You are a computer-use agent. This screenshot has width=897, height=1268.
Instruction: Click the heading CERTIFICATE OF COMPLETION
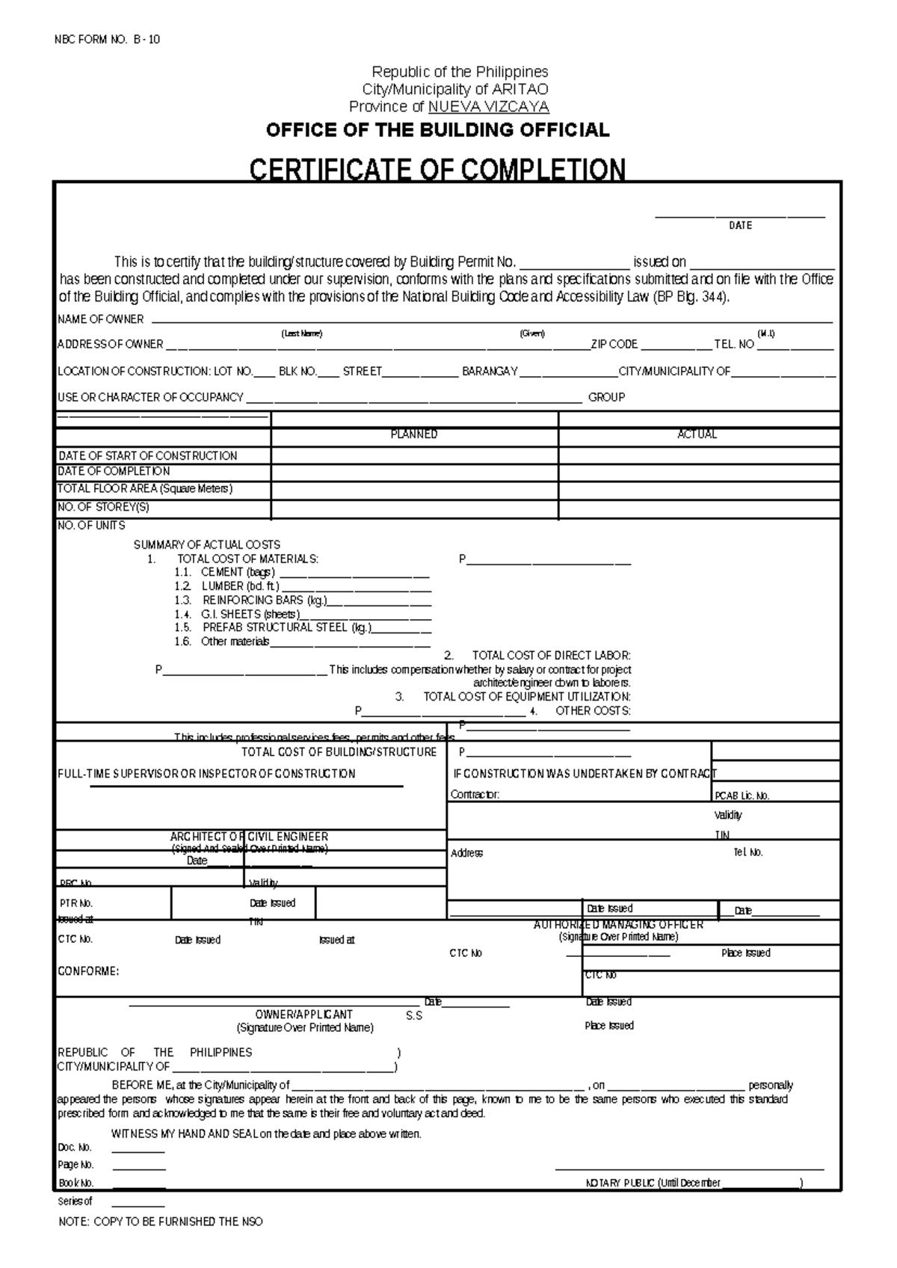point(437,170)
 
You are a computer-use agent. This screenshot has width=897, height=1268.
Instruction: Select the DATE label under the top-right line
point(740,225)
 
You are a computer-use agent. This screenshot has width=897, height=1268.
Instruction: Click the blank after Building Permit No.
point(574,262)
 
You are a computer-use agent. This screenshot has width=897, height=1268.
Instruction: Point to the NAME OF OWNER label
point(101,319)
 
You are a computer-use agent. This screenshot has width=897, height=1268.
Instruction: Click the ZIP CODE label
point(614,345)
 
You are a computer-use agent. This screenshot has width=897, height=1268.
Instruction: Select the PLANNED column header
point(414,434)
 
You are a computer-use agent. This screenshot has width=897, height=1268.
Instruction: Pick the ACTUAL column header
point(697,434)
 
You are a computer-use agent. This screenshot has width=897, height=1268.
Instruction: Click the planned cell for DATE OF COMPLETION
point(414,472)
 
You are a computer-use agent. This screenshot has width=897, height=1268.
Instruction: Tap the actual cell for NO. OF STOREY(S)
point(698,508)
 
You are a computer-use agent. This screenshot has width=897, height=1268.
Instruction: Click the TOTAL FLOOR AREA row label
point(145,489)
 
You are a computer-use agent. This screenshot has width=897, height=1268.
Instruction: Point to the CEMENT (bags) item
point(237,573)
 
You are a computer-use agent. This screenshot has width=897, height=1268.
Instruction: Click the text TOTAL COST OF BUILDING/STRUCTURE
point(339,752)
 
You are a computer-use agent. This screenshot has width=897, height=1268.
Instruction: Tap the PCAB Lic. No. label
point(742,796)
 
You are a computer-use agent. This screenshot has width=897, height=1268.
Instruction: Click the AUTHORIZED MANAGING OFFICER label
point(618,925)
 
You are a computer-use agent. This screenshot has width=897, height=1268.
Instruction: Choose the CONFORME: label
point(88,972)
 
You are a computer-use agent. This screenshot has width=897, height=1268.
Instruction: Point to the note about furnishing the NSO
point(161,1222)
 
